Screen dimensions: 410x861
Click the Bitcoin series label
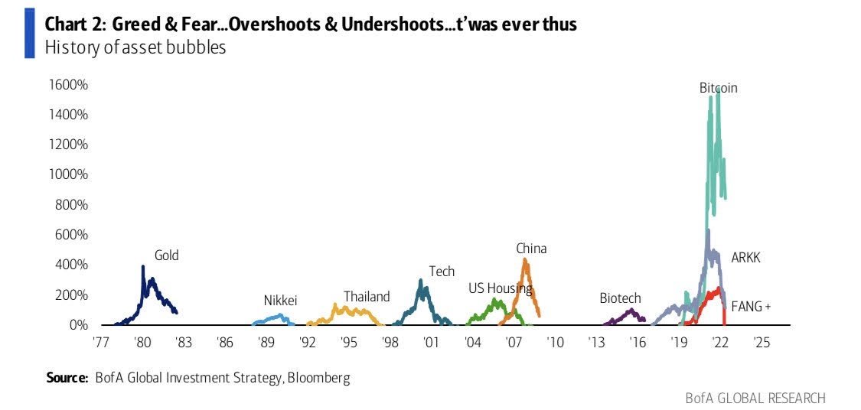tap(718, 88)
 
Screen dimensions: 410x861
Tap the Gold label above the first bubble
tap(166, 255)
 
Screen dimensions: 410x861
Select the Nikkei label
tap(280, 300)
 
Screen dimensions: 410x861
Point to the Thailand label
tap(367, 297)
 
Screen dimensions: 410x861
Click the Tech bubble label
tap(442, 272)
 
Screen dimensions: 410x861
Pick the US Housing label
tap(500, 288)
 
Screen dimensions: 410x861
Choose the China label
tap(531, 249)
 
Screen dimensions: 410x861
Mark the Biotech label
tap(620, 298)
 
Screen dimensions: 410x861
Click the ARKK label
tap(745, 258)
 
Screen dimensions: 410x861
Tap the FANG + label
tap(752, 307)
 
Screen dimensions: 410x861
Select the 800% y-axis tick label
tap(73, 205)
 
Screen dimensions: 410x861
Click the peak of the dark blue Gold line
tap(143, 266)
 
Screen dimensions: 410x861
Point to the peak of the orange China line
tap(525, 259)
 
